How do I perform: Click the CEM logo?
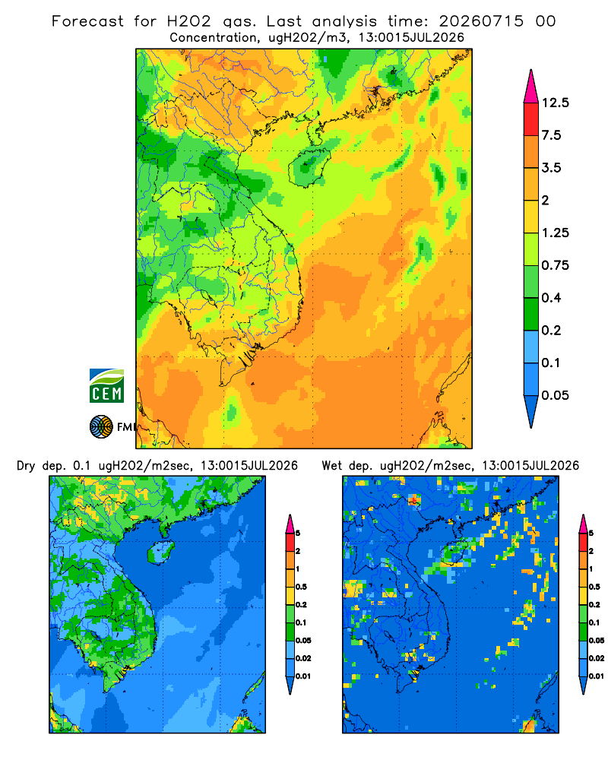[106, 386]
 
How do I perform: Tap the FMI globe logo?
[101, 427]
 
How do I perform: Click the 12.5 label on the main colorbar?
[555, 103]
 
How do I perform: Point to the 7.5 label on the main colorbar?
[551, 135]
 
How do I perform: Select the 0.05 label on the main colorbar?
[555, 395]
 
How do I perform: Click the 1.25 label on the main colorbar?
[555, 233]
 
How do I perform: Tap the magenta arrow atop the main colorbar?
[531, 87]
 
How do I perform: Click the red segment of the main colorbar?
[531, 119]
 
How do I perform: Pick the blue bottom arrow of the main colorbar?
[531, 411]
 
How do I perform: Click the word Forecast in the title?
[87, 21]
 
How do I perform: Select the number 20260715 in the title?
[481, 21]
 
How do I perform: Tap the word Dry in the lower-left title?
[26, 466]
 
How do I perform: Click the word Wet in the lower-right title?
[332, 466]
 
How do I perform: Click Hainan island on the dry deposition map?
[161, 553]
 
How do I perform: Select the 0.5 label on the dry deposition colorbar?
[301, 587]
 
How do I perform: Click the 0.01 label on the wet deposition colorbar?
[597, 676]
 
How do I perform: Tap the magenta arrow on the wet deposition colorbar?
[583, 524]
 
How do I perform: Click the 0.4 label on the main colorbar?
[551, 298]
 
